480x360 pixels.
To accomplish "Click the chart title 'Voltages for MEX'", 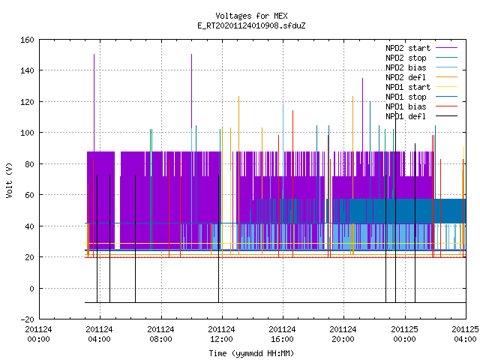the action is pyautogui.click(x=251, y=16).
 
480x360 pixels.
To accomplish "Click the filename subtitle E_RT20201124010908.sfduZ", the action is pyautogui.click(x=251, y=25).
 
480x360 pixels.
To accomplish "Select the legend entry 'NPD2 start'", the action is pyautogui.click(x=408, y=48).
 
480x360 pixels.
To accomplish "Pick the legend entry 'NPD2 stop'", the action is pyautogui.click(x=406, y=58).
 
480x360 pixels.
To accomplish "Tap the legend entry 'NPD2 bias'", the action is pyautogui.click(x=406, y=67).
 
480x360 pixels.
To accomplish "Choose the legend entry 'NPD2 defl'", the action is pyautogui.click(x=406, y=77).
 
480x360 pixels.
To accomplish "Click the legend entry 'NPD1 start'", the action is pyautogui.click(x=408, y=87).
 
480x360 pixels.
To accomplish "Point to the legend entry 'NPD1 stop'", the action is pyautogui.click(x=406, y=97).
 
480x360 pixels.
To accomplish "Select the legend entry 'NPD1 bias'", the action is pyautogui.click(x=406, y=106).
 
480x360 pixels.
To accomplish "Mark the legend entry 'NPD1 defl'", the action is pyautogui.click(x=406, y=117).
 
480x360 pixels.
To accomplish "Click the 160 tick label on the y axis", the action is pyautogui.click(x=27, y=40).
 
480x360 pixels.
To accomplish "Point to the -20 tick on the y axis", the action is pyautogui.click(x=27, y=319).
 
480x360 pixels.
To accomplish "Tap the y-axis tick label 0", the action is pyautogui.click(x=31, y=288).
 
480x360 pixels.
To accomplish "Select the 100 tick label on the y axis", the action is pyautogui.click(x=27, y=133).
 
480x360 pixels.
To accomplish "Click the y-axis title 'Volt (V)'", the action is pyautogui.click(x=9, y=180).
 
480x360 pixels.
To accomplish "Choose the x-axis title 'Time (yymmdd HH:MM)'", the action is pyautogui.click(x=251, y=353).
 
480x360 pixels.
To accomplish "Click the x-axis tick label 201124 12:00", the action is pyautogui.click(x=221, y=334).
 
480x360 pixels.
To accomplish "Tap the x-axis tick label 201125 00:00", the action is pyautogui.click(x=404, y=334).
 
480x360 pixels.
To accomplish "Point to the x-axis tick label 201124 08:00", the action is pyautogui.click(x=160, y=334).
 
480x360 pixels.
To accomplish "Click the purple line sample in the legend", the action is pyautogui.click(x=446, y=48).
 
